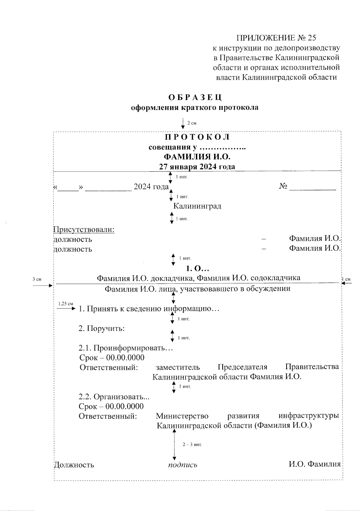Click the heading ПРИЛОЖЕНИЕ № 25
276,38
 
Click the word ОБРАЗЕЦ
195,98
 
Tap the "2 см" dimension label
192,123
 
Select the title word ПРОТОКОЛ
197,137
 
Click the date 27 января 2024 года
197,167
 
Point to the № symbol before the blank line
283,186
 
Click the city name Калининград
197,206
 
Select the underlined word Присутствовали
84,230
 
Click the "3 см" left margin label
37,279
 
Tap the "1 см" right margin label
346,279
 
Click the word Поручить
106,329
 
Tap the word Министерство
182,416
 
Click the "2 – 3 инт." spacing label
192,444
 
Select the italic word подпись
182,465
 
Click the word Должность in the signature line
74,465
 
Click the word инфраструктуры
309,416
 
